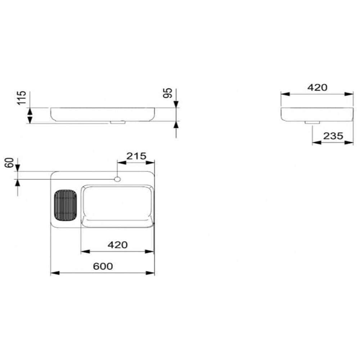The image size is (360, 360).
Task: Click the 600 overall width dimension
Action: (x=103, y=266)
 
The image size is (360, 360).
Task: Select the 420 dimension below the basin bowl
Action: (x=118, y=245)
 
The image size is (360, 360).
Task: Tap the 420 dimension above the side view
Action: (x=317, y=87)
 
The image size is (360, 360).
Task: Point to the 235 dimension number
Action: (x=333, y=136)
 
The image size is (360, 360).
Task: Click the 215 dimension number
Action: (x=136, y=156)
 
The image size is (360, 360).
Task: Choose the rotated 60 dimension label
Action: (x=9, y=163)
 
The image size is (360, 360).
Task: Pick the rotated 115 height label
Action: (x=22, y=98)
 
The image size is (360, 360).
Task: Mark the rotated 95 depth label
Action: (x=168, y=93)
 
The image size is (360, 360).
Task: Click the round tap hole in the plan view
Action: (x=117, y=179)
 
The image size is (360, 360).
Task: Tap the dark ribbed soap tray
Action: (x=66, y=205)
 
